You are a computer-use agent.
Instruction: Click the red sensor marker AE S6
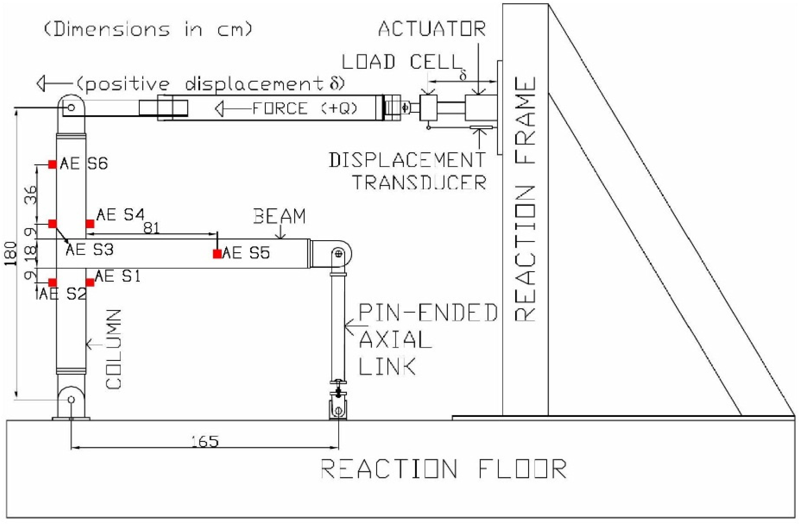point(52,164)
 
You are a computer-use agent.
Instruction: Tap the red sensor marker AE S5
point(217,254)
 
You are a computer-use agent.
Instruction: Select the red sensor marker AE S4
point(90,223)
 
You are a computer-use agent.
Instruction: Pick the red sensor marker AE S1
point(90,282)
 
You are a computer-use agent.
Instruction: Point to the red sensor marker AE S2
point(52,282)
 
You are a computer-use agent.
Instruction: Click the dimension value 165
point(205,442)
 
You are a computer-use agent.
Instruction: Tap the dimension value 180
point(11,253)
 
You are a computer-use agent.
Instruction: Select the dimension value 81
point(151,228)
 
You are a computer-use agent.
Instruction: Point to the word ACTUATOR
point(432,29)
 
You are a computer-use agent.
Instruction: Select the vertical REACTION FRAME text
point(525,200)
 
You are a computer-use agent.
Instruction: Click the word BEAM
point(279,216)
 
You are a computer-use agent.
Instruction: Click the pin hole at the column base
point(71,399)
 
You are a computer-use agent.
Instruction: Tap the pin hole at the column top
point(71,108)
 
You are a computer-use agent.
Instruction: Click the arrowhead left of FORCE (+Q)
point(219,109)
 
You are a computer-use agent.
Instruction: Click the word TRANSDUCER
point(420,183)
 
